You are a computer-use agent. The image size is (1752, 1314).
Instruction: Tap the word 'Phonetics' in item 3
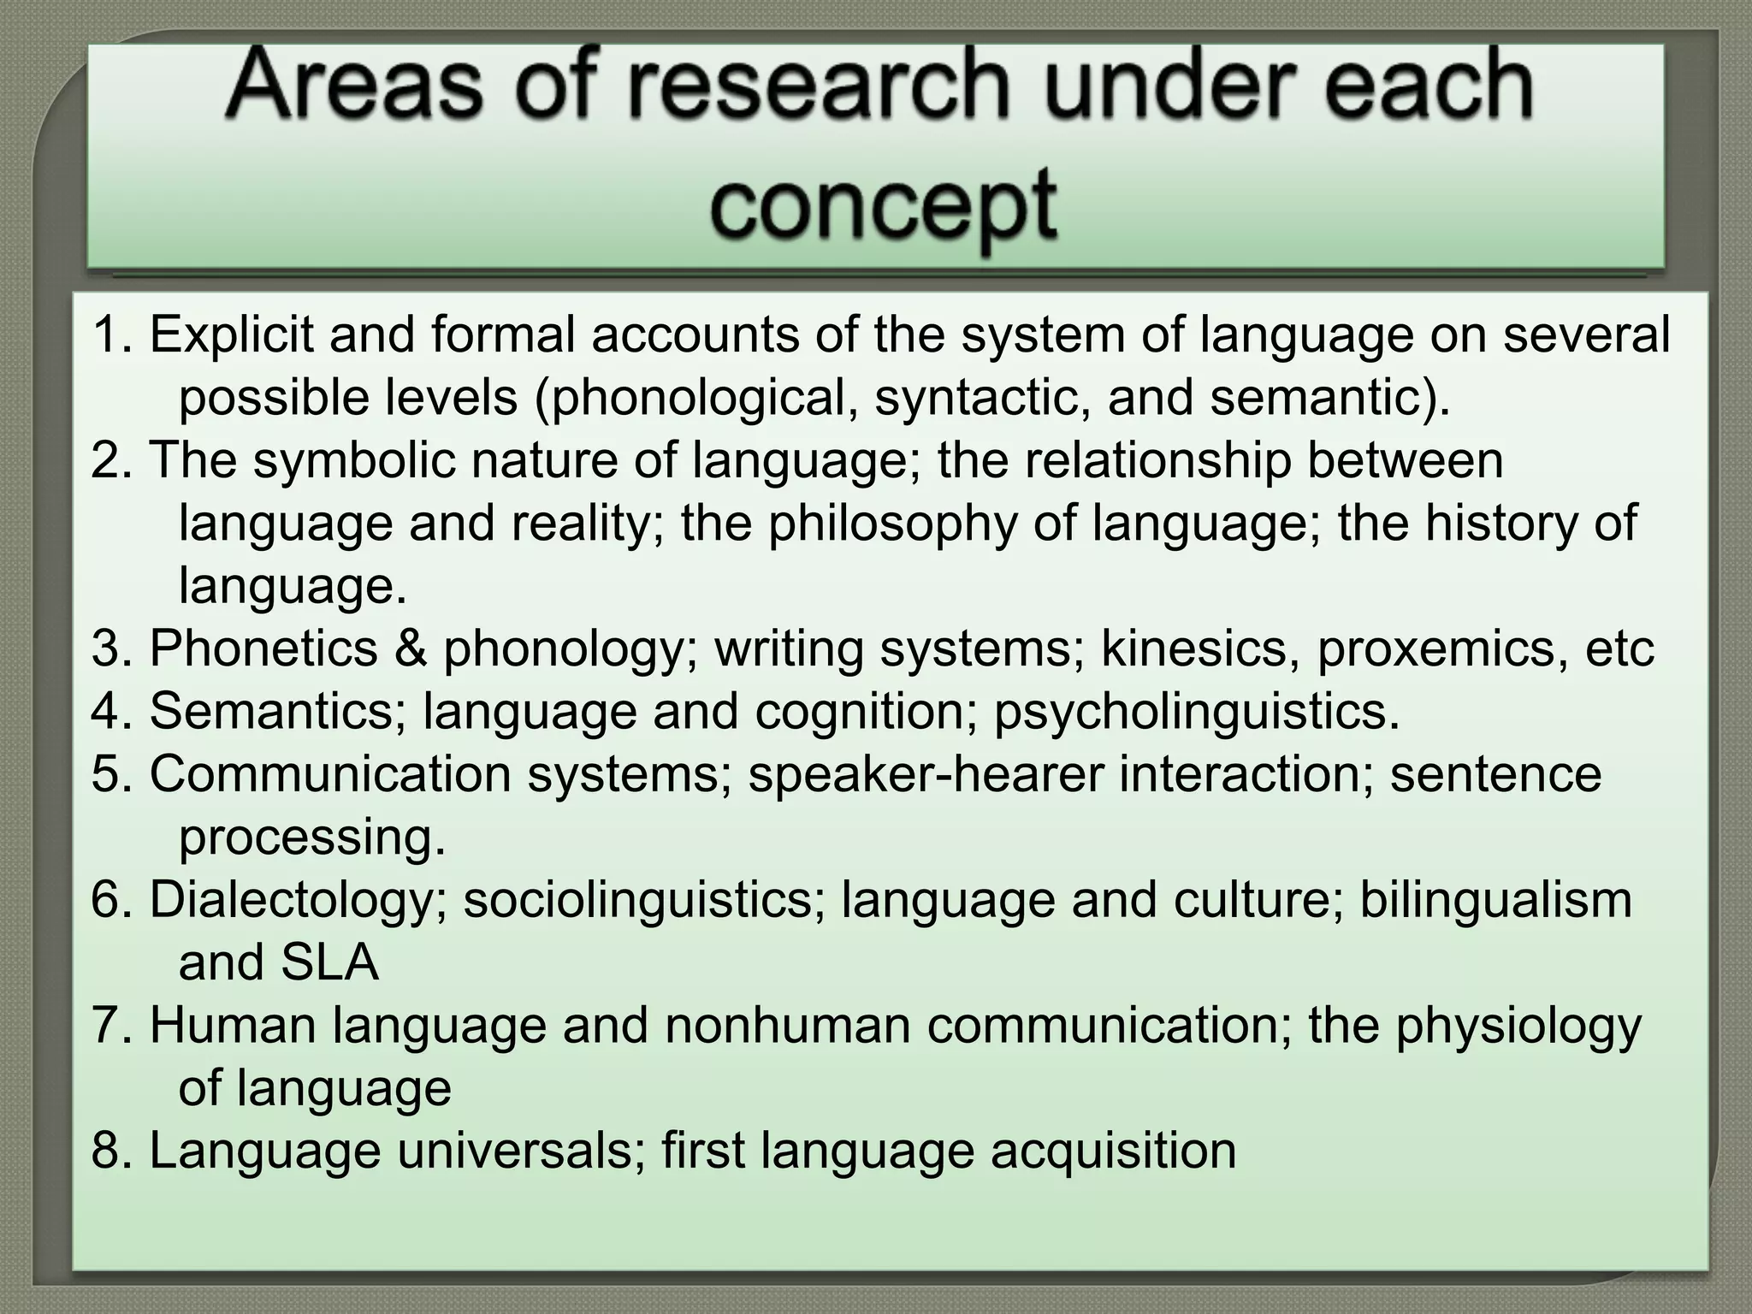click(263, 648)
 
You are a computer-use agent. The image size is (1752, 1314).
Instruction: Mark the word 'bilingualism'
click(1496, 900)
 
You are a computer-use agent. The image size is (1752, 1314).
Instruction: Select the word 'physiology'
click(1518, 1025)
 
